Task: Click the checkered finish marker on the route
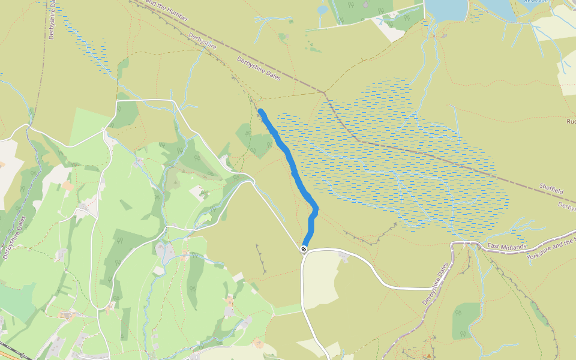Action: coord(304,248)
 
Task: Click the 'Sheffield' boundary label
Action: coord(551,189)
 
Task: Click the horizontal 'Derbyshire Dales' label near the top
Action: coord(259,68)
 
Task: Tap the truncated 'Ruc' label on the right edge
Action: coord(571,121)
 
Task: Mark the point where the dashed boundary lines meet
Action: coord(325,92)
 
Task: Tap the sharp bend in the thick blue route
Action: coord(315,209)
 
